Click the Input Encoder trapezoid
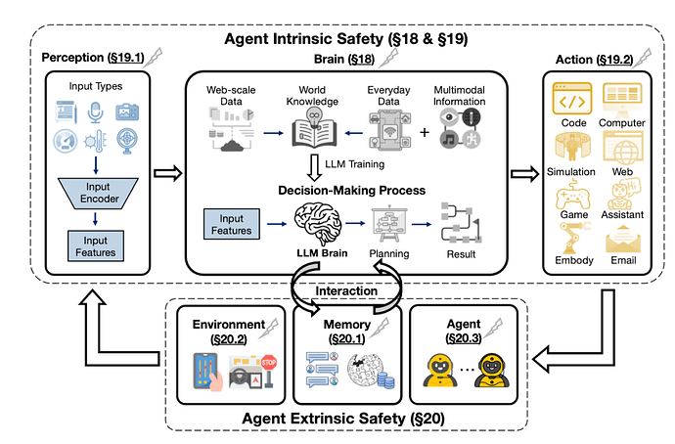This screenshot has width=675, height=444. [x=102, y=191]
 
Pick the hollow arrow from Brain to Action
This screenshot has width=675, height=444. [x=524, y=174]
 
